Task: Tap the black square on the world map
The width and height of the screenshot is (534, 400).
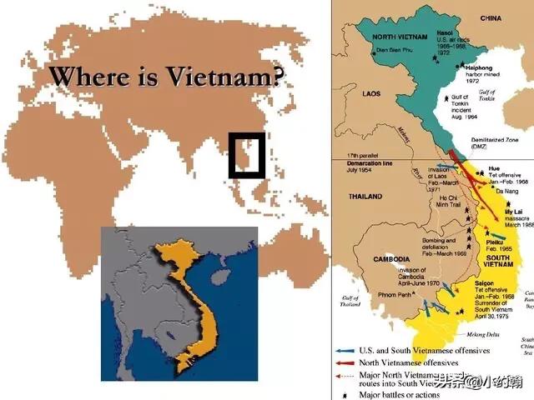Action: [247, 155]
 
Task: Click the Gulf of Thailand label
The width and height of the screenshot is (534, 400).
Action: [350, 301]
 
